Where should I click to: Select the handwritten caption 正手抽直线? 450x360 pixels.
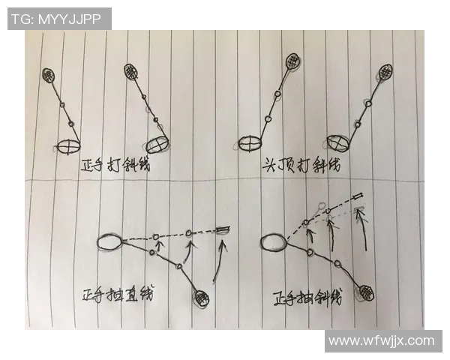tap(118, 294)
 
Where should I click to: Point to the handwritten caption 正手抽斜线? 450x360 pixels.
tap(307, 296)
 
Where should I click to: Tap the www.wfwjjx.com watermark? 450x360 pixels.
tap(381, 340)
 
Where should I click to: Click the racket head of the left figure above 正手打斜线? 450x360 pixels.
tap(50, 75)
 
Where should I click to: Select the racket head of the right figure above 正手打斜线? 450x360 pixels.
tap(132, 71)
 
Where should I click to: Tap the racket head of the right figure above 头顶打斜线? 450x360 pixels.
tap(386, 73)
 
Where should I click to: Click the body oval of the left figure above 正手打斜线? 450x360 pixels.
tap(68, 145)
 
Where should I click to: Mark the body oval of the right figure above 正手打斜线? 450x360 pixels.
tap(157, 142)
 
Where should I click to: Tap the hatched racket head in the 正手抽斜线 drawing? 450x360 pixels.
tap(365, 292)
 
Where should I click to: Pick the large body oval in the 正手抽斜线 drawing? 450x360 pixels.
tap(272, 242)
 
